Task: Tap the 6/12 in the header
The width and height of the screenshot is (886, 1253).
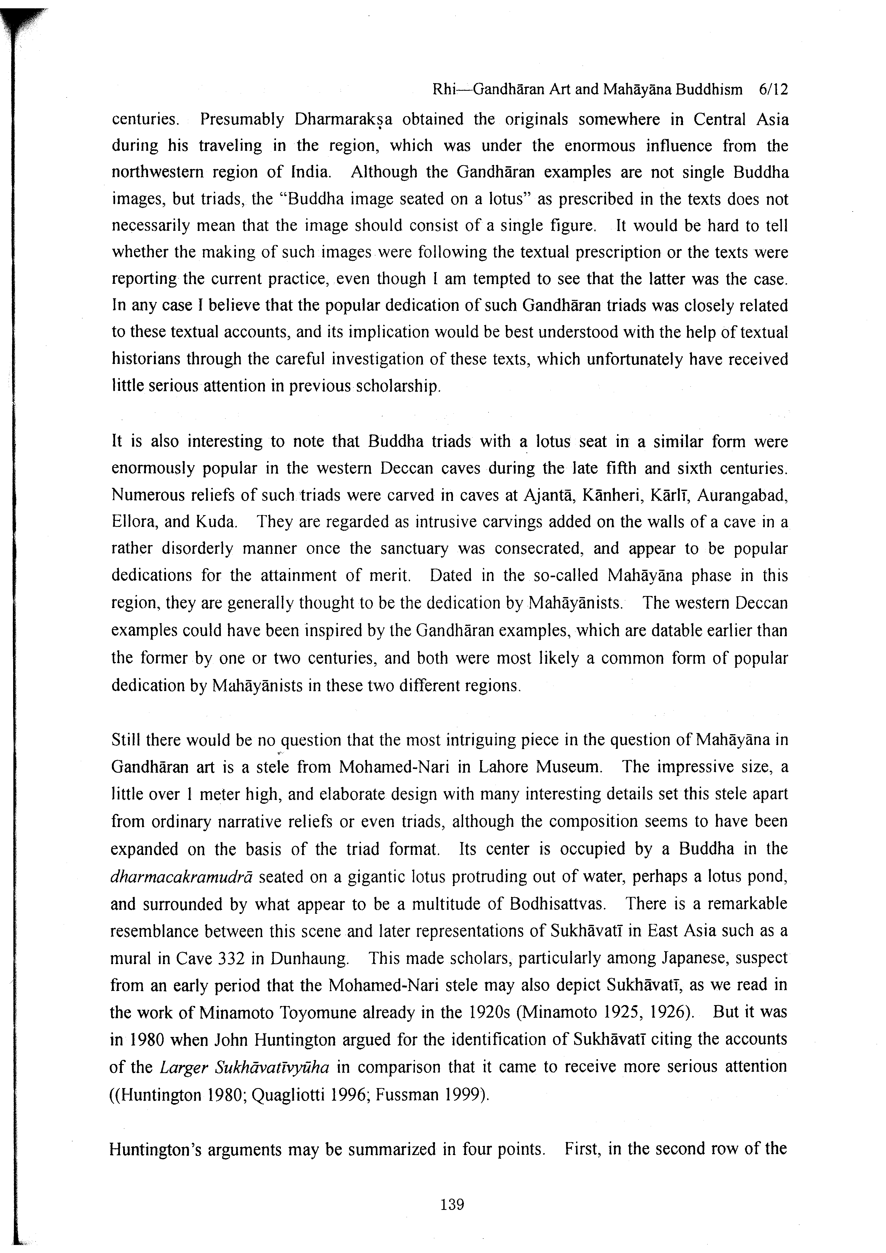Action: point(774,89)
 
